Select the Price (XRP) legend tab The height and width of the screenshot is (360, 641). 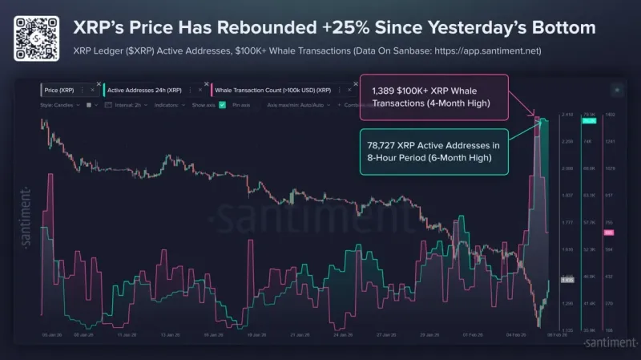64,91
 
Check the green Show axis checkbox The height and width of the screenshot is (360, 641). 222,104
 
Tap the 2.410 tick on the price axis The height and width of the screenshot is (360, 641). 567,115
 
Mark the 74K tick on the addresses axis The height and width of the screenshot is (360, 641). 587,142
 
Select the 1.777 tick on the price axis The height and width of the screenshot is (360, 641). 567,223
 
